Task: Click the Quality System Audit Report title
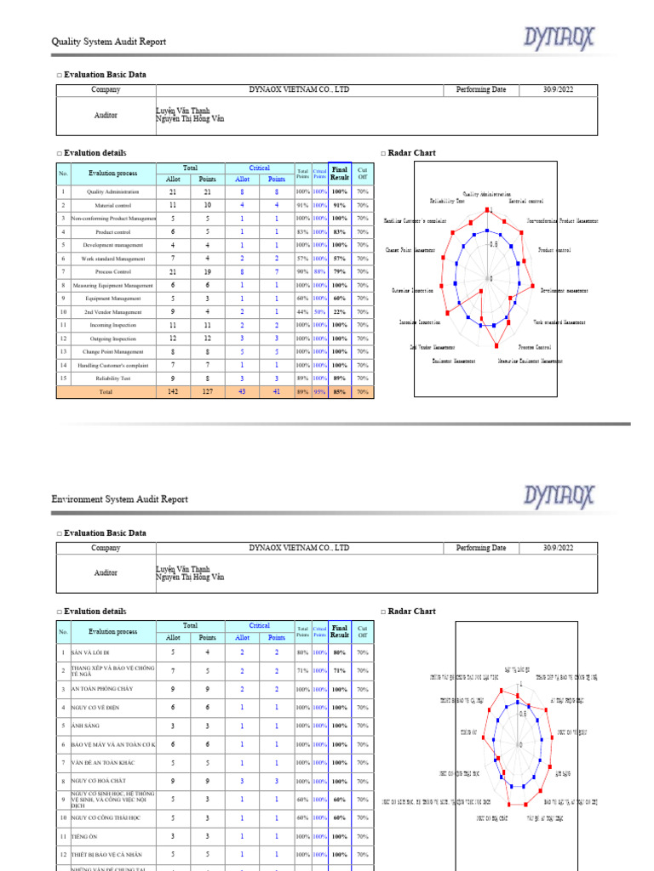tap(109, 42)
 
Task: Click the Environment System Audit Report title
tap(120, 499)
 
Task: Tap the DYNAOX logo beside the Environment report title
tap(559, 495)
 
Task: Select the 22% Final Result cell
tap(340, 311)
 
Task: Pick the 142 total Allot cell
tap(173, 392)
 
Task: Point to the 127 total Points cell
tap(208, 392)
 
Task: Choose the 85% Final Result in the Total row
tap(340, 392)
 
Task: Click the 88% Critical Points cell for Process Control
tap(320, 271)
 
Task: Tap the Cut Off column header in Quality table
tap(363, 173)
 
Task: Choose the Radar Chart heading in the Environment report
tap(411, 611)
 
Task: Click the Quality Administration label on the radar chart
tap(487, 194)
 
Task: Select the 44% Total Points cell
tap(302, 311)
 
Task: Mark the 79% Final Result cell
tap(340, 271)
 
